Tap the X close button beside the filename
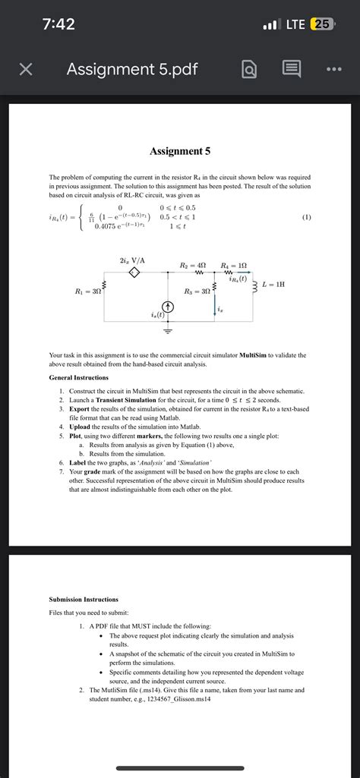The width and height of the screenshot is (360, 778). point(25,70)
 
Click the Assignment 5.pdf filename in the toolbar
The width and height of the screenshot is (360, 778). point(132,70)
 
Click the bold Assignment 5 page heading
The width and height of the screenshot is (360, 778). point(180,151)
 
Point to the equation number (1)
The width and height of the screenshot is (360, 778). point(306,216)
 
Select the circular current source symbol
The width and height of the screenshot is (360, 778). point(168,307)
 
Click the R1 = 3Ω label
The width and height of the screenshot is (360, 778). point(88,291)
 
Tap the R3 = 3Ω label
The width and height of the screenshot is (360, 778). point(198,291)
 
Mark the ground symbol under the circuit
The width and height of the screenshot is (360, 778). point(168,331)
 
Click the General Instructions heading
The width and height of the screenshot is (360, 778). point(83,377)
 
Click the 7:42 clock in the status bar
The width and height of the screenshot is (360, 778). point(58,24)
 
